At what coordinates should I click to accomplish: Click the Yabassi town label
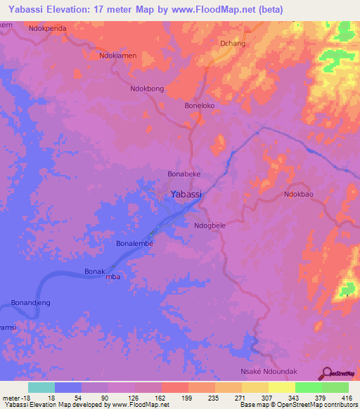click(x=188, y=194)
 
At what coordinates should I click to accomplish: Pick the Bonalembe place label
click(x=134, y=243)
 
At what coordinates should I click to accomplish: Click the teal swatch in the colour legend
click(x=41, y=387)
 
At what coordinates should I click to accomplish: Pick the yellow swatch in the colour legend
click(x=282, y=387)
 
